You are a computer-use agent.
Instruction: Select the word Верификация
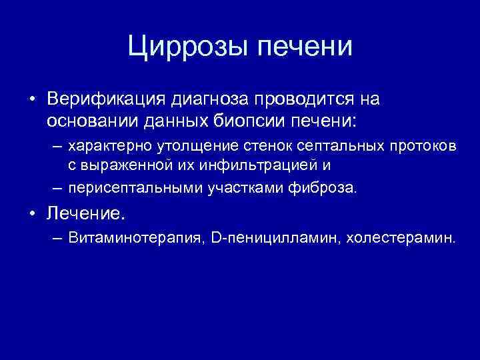coord(106,99)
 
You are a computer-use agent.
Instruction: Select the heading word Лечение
coord(86,213)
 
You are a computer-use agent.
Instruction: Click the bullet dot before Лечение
coord(33,214)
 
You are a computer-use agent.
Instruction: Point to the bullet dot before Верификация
coord(33,100)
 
